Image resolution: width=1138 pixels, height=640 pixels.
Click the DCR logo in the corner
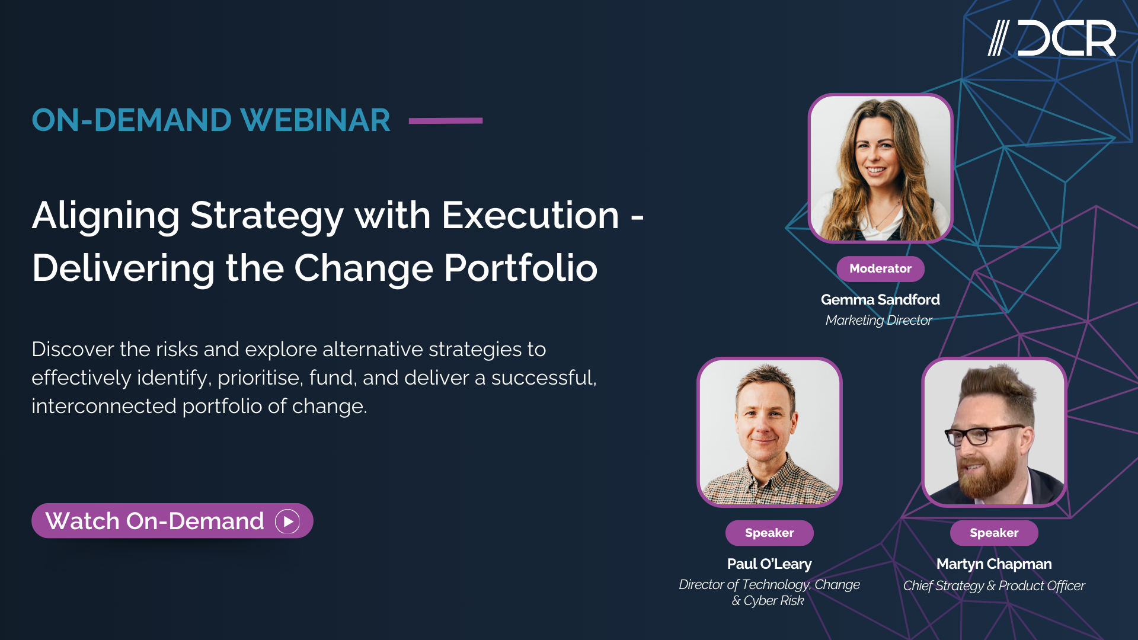pos(1052,39)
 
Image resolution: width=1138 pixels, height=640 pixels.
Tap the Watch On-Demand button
pos(172,521)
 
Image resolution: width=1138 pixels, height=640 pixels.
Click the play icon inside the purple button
pos(287,521)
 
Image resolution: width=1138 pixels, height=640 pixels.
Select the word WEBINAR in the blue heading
pos(315,120)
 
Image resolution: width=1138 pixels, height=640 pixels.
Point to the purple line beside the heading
pos(446,120)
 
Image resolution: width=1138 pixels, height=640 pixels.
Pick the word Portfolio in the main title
pos(520,268)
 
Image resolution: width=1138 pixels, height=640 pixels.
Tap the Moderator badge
pos(880,268)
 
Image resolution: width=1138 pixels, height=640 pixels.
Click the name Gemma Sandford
pos(880,300)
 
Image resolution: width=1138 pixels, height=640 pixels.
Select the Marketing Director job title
pos(878,320)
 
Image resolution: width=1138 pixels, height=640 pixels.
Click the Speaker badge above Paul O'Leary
pos(769,533)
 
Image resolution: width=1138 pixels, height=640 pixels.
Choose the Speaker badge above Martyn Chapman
pos(994,533)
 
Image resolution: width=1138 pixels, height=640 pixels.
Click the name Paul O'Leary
pos(769,564)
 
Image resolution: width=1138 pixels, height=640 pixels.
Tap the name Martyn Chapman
pos(994,564)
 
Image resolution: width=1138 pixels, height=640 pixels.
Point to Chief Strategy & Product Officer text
pos(994,585)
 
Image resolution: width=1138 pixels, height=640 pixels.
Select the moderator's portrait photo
pos(880,168)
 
